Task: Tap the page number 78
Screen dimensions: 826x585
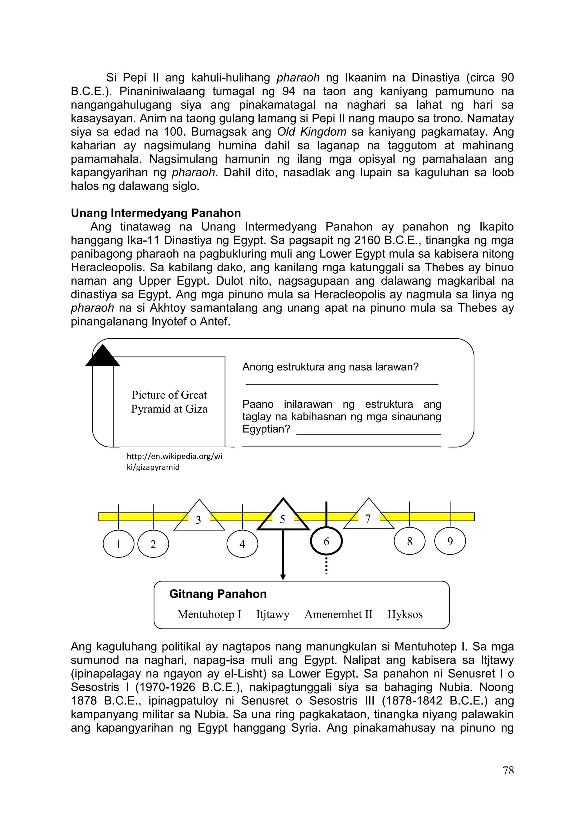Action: (508, 770)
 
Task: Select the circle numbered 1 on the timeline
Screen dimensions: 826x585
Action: (119, 544)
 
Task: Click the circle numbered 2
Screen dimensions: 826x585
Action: (153, 544)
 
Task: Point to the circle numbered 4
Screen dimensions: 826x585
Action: (242, 544)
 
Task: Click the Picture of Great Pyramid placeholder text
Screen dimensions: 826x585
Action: (169, 402)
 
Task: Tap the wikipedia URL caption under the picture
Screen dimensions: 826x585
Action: (174, 462)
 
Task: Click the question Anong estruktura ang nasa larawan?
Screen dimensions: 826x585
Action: (330, 367)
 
